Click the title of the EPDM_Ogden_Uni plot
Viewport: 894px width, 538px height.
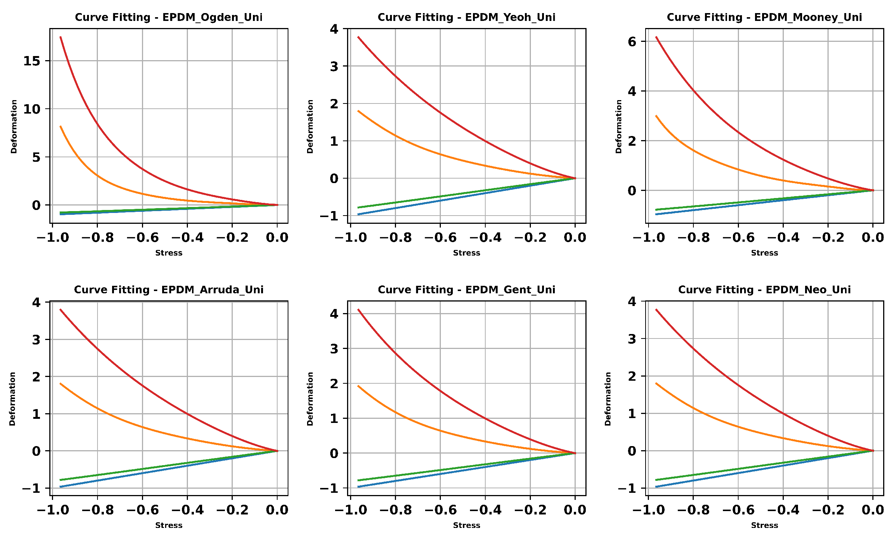168,18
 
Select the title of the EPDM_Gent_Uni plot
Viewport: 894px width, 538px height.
466,290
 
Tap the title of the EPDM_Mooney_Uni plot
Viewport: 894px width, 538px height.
764,18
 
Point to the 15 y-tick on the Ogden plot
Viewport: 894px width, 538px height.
32,61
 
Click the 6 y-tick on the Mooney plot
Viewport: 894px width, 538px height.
632,41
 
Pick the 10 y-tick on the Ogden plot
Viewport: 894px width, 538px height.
32,109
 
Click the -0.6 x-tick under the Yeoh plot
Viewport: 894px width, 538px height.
440,238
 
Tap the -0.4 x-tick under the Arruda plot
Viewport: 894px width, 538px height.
187,510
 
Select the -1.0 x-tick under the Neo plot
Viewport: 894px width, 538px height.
649,510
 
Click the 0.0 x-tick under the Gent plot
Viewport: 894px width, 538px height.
575,510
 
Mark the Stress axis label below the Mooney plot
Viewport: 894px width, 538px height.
764,253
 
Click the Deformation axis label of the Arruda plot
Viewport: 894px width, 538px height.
12,399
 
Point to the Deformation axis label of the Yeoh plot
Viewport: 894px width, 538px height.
310,126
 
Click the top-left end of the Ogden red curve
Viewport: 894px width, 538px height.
61,37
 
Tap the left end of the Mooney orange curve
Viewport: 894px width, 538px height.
656,116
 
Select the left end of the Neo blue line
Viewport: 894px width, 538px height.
656,487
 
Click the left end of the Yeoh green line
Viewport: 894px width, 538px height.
358,207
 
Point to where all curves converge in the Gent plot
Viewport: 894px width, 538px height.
575,453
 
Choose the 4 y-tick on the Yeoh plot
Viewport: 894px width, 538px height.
334,29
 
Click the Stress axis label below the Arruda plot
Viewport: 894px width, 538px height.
168,525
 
